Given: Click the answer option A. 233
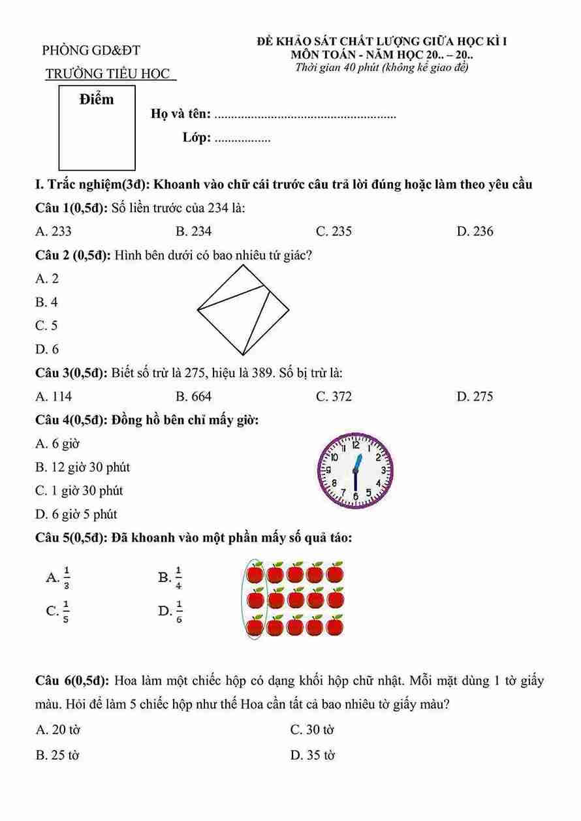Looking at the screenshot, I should pos(54,231).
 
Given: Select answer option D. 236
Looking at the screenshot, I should pos(475,231).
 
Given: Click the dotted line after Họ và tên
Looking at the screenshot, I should pos(305,116).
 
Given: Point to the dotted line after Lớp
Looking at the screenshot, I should pos(242,139).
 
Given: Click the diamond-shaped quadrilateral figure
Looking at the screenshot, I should pos(243,311).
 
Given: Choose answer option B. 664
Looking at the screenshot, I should pos(193,396).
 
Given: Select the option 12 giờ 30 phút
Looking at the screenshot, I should pos(82,467).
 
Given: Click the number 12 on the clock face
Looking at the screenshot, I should pos(356,446).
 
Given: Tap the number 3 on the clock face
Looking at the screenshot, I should pos(383,471).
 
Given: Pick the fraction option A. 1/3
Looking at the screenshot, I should pos(59,577).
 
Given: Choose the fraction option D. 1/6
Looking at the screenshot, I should pos(170,612).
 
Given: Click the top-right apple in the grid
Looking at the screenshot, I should pos(335,572).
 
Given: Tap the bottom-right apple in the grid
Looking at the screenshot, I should pos(335,627).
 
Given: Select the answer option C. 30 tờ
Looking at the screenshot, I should pos(312,730).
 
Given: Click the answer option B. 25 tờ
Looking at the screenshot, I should pos(57,755).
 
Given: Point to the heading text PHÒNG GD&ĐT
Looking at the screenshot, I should pos(91,50).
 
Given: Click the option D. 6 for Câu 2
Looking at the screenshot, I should pos(47,349).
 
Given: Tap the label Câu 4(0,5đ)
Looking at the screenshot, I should pos(71,420).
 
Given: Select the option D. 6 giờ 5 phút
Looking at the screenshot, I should pos(76,514).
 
